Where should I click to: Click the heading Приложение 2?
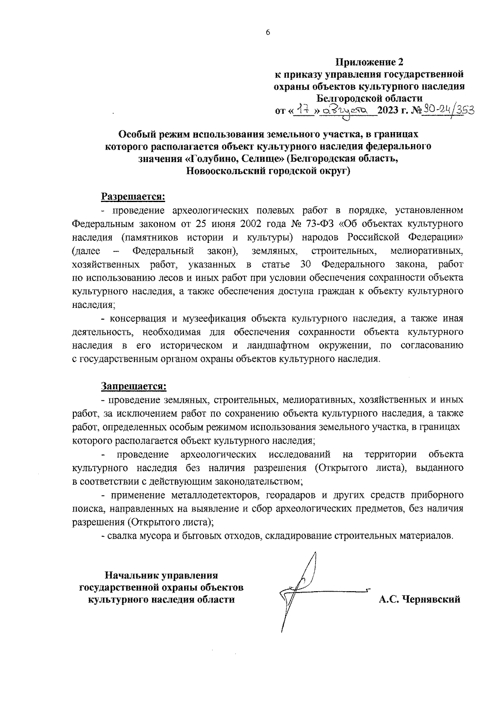click(370, 62)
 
